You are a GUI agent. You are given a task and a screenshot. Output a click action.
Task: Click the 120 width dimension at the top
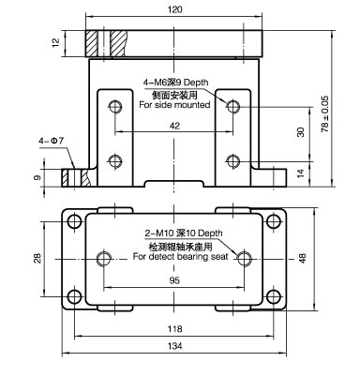(x=174, y=9)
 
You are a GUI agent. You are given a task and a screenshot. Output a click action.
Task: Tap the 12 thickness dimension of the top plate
(x=55, y=42)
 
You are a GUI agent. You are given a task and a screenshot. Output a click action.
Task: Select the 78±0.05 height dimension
(x=325, y=113)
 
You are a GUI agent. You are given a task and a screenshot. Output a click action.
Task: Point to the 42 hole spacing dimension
(x=174, y=126)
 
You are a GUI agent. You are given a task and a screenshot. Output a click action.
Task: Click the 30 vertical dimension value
(x=301, y=132)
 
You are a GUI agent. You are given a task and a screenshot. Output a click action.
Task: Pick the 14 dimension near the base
(x=300, y=173)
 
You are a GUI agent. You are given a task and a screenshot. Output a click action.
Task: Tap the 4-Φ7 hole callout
(x=51, y=141)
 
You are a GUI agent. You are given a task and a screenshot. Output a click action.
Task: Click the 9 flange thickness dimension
(x=37, y=177)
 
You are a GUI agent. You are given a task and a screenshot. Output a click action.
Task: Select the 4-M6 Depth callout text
(x=175, y=83)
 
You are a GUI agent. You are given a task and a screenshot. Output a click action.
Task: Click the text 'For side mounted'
(x=174, y=105)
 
